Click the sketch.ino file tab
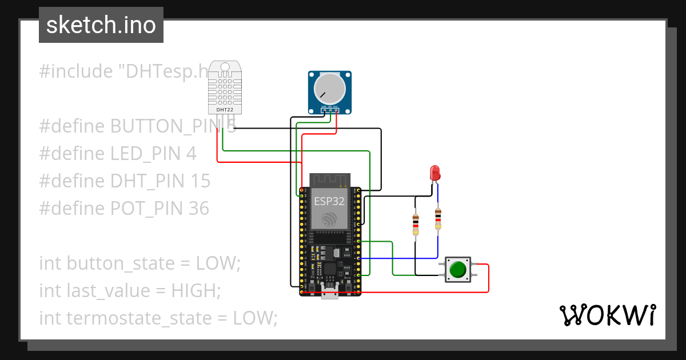pos(101,25)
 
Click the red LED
pos(435,172)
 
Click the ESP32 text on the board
pos(330,201)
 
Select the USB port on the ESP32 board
pos(330,294)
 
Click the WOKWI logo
pos(607,315)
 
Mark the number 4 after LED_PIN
pos(191,154)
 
